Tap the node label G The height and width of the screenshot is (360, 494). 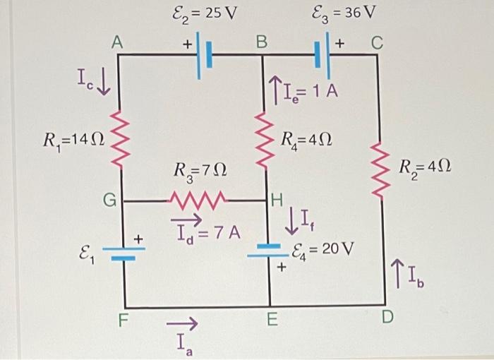pyautogui.click(x=109, y=201)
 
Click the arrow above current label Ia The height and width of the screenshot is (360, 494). pyautogui.click(x=179, y=324)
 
